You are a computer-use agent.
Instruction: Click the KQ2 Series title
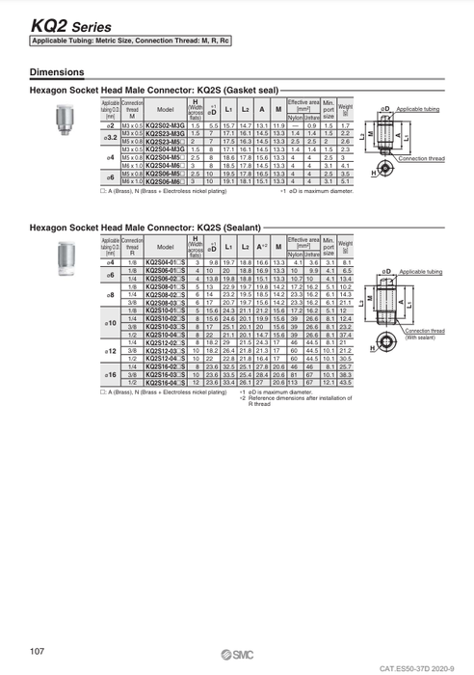click(x=58, y=26)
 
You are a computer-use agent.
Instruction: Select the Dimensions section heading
click(x=56, y=72)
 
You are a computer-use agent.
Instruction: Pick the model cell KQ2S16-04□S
click(x=165, y=383)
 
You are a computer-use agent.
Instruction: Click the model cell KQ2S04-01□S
click(x=165, y=261)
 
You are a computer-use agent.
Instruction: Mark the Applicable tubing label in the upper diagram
click(x=421, y=111)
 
